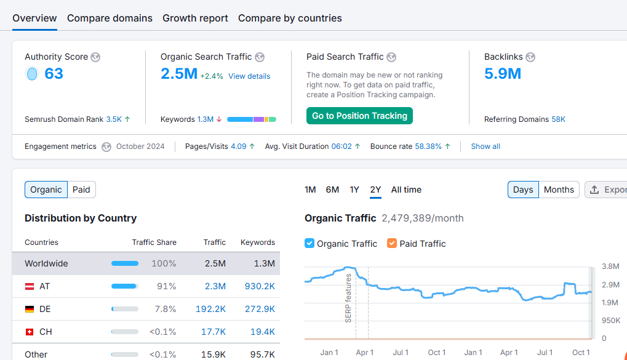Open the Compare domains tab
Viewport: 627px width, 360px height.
pyautogui.click(x=110, y=18)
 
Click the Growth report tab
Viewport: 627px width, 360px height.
pyautogui.click(x=195, y=18)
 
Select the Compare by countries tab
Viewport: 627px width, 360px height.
pyautogui.click(x=290, y=18)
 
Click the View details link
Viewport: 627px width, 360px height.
pyautogui.click(x=249, y=76)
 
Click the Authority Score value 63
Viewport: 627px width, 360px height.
pyautogui.click(x=54, y=74)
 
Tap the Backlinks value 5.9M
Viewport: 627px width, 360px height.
pyautogui.click(x=503, y=74)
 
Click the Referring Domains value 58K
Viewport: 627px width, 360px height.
pyautogui.click(x=558, y=119)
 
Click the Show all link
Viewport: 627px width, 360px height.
pyautogui.click(x=485, y=146)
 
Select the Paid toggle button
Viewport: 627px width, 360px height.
pyautogui.click(x=81, y=190)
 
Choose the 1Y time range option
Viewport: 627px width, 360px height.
pyautogui.click(x=354, y=190)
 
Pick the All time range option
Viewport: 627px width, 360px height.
pyautogui.click(x=406, y=190)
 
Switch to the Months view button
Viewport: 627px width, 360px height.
pyautogui.click(x=559, y=190)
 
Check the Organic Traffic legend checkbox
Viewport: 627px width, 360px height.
pyautogui.click(x=310, y=243)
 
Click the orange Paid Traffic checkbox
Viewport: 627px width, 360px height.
pyautogui.click(x=392, y=243)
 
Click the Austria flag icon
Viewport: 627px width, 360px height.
pyautogui.click(x=30, y=286)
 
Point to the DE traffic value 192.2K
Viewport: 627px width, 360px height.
pyautogui.click(x=210, y=309)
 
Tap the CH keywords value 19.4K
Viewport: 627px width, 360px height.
pyautogui.click(x=262, y=332)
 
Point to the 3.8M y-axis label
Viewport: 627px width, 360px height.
pyautogui.click(x=610, y=266)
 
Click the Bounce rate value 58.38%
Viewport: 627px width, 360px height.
pyautogui.click(x=428, y=146)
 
